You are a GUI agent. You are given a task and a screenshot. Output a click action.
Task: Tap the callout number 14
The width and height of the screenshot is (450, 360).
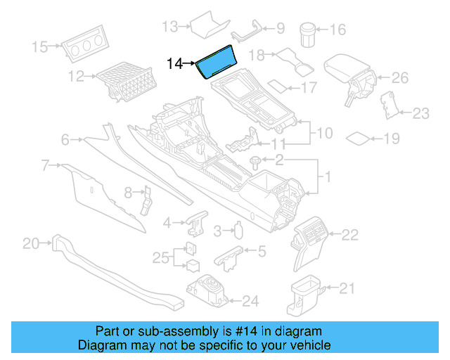pos(174,64)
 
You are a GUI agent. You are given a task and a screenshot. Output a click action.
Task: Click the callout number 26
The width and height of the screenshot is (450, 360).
pos(399,77)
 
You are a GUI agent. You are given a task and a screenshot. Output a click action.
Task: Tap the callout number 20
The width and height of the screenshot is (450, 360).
pos(30,244)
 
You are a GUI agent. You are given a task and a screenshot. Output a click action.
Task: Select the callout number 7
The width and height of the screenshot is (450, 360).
pos(45,166)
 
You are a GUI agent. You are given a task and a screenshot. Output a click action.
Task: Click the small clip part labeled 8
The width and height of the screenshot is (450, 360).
pos(147,199)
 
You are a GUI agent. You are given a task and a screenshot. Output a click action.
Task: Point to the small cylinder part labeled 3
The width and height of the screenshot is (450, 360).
pos(238,231)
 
